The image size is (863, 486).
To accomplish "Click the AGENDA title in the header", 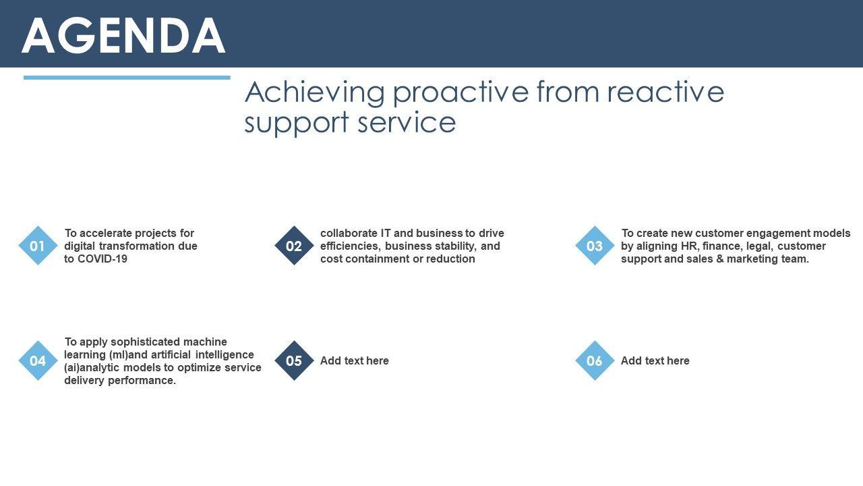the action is pos(123,35).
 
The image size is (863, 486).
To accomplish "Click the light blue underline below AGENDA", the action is pos(127,78).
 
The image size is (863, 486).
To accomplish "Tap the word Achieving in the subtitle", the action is pos(315,93).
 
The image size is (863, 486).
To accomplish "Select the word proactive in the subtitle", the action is pos(460,93).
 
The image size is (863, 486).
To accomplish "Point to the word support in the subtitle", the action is pos(297,124).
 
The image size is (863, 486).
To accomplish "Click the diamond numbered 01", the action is pos(38,246).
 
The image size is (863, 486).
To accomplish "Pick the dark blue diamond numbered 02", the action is pos(294,246).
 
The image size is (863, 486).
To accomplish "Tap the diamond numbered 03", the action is pos(595,246).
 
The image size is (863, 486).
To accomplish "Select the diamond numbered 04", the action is pos(38,360).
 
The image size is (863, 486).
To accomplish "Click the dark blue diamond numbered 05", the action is pos(294,360).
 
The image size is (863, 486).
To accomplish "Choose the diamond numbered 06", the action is pos(595,360).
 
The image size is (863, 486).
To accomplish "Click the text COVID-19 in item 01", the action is pos(102,259).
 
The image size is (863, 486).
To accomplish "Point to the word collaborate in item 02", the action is pos(349,234).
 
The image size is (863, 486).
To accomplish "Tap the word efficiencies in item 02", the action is pos(350,246).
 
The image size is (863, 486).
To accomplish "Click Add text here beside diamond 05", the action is pos(355,360).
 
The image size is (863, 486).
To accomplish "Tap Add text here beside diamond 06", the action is pos(655,360).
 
